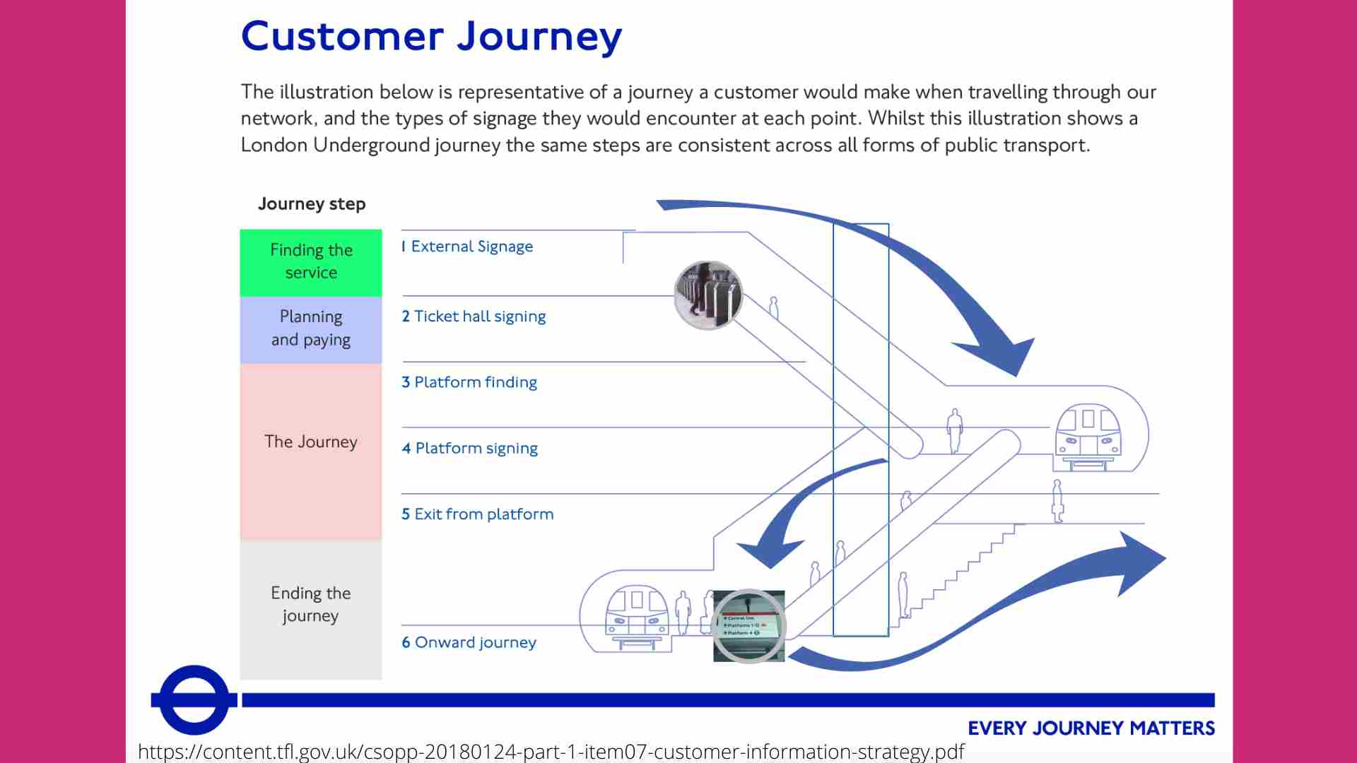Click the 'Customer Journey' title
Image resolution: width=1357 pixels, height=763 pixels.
[x=431, y=37]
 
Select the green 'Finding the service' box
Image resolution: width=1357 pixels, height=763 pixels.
[x=311, y=261]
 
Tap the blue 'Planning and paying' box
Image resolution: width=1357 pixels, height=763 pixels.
[x=311, y=329]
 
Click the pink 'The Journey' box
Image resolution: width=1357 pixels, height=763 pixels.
[x=311, y=442]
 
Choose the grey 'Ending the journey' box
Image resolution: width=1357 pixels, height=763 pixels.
[x=311, y=605]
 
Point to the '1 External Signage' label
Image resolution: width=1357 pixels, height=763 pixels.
[x=467, y=247]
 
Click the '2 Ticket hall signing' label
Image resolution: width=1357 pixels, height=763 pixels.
[x=474, y=317]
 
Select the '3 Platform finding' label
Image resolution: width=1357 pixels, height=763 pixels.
[x=469, y=382]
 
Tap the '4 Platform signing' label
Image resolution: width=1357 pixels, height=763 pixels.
[x=470, y=449]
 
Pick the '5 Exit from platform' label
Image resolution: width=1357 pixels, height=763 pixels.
[x=478, y=514]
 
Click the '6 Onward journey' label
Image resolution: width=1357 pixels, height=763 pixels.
[x=469, y=642]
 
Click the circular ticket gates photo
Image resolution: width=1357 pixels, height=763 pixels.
[x=708, y=295]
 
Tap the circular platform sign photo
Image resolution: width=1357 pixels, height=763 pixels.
[x=749, y=626]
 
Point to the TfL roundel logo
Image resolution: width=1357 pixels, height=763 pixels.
[x=194, y=699]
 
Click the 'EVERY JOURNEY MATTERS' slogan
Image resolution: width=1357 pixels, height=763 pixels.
[x=1091, y=728]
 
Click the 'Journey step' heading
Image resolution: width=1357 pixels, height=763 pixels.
[x=312, y=204]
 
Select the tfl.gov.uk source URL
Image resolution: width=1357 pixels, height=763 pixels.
[x=551, y=752]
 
